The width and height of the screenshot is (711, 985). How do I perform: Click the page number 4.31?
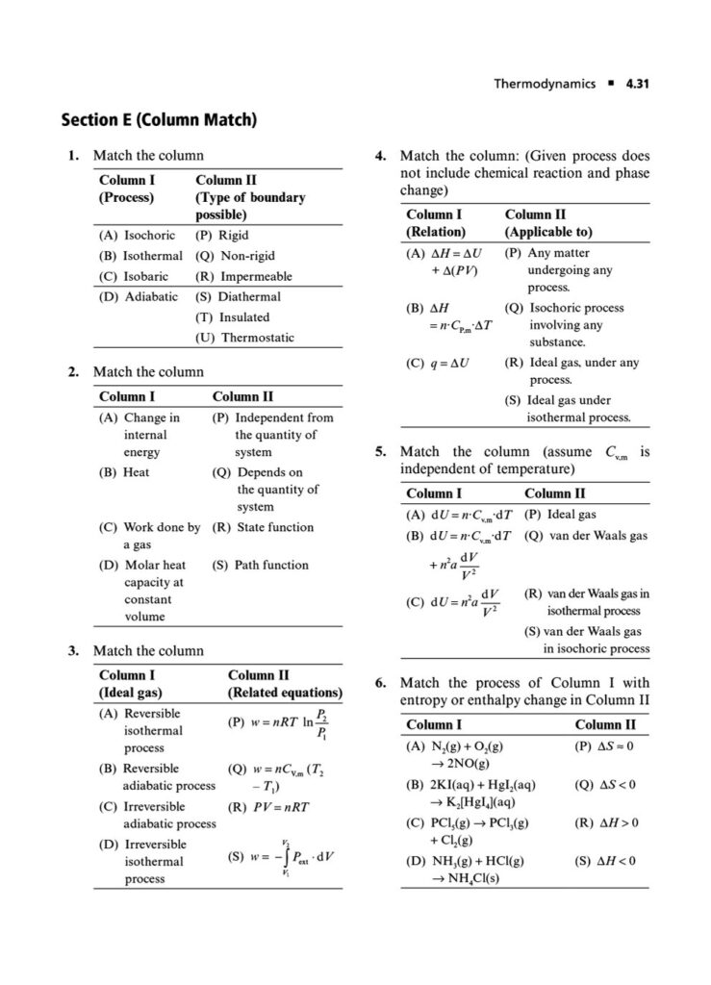636,84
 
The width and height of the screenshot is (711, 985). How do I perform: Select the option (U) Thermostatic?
244,338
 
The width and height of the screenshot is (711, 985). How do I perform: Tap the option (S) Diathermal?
238,296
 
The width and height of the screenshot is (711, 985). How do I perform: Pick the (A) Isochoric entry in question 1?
137,235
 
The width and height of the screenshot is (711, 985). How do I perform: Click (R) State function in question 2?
263,527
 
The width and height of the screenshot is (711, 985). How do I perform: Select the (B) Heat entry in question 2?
124,472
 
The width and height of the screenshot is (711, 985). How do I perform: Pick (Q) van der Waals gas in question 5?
586,536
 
